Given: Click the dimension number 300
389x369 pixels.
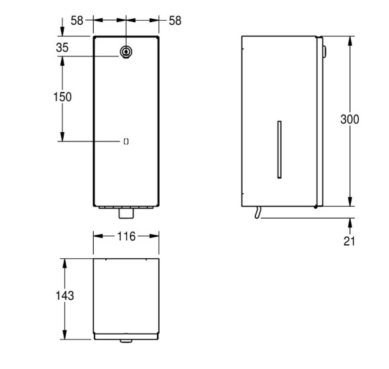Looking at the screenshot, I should tap(349, 119).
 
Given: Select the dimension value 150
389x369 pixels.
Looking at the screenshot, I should tap(62, 97).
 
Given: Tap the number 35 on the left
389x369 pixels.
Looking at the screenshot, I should tap(63, 47).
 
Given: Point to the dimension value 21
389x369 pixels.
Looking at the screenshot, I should tap(350, 240).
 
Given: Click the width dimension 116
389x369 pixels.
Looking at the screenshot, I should tap(126, 236).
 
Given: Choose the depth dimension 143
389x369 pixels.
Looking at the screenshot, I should tap(64, 295).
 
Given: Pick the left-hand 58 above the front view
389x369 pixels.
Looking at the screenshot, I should tap(77, 21).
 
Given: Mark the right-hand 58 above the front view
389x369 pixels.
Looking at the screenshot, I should tap(175, 21).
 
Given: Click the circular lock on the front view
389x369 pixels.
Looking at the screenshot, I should tap(126, 52).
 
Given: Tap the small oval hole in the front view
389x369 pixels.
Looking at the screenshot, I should tap(126, 141).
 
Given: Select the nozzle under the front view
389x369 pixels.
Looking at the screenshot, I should tap(126, 215).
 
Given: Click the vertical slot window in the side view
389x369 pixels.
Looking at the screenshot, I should tap(279, 150).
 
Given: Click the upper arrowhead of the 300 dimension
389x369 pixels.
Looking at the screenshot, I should tap(349, 39).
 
